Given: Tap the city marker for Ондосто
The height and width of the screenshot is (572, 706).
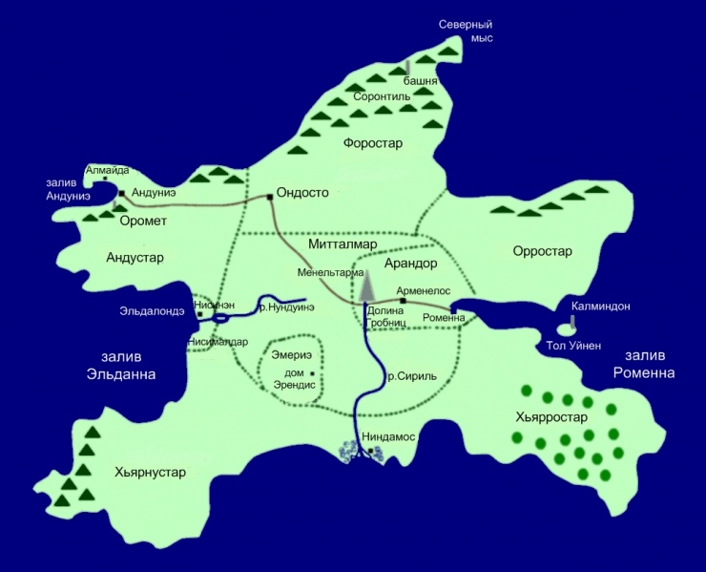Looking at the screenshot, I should point(270,197).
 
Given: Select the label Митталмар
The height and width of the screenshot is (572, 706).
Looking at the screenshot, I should point(340,244).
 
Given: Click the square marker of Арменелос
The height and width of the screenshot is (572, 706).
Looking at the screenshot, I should point(403,301).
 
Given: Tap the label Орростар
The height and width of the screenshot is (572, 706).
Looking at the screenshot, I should point(542,252).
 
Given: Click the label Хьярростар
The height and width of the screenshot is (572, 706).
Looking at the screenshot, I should point(550,417).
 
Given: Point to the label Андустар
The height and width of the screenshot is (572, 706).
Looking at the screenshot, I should point(135,258).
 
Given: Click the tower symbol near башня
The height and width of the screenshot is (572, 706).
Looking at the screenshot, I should point(408,67).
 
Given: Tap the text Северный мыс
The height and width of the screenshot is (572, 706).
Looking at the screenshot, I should point(464,32).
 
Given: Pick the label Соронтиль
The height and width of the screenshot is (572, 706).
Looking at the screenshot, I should point(382,97).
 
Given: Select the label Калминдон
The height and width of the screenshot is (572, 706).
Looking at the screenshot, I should point(600,307).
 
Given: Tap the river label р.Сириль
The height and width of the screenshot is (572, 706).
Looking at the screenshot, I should point(411,376).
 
